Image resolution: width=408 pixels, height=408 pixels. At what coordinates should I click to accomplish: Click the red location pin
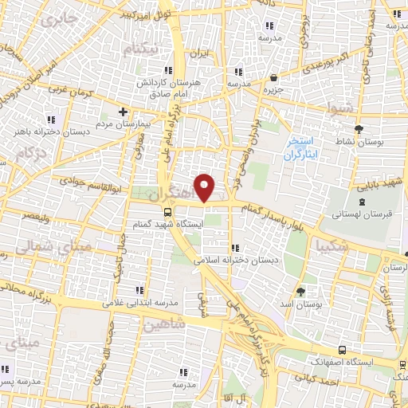(205, 187)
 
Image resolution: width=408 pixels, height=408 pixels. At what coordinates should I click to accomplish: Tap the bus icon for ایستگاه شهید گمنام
(168, 213)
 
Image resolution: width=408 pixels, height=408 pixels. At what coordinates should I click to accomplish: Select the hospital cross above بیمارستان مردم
(122, 112)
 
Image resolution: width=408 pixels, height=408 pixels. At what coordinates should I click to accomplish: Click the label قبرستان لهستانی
(355, 215)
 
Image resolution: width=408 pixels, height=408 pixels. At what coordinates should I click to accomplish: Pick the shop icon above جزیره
(274, 78)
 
